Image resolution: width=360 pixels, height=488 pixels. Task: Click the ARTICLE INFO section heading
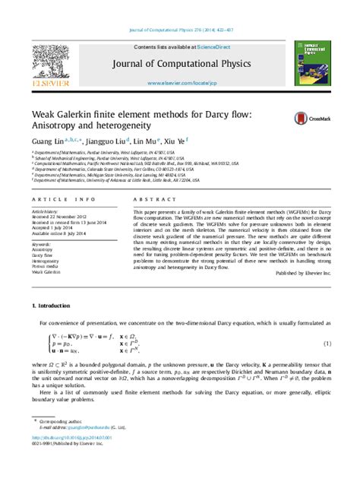click(x=58, y=196)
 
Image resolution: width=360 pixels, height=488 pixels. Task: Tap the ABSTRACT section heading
click(x=151, y=196)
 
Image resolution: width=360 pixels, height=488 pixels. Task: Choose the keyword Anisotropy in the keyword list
click(x=43, y=249)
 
